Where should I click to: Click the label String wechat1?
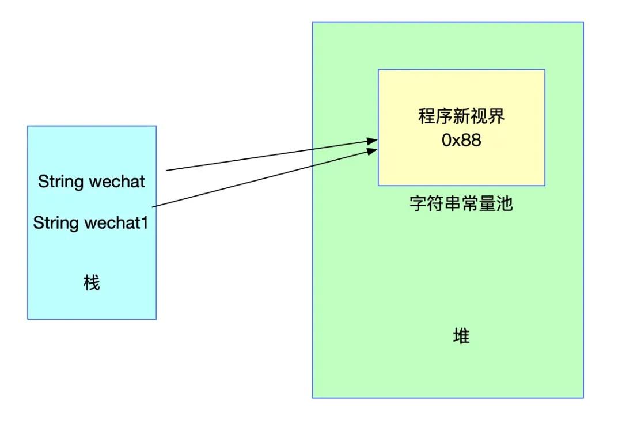click(x=91, y=223)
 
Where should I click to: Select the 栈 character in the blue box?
click(x=92, y=283)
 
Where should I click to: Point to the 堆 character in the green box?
click(x=461, y=335)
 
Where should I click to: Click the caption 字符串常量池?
click(x=461, y=204)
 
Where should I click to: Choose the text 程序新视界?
click(x=461, y=117)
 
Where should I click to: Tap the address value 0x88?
click(x=461, y=140)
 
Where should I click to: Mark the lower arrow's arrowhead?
click(x=372, y=151)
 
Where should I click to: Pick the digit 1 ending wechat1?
click(x=145, y=223)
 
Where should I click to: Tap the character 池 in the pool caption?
click(x=505, y=204)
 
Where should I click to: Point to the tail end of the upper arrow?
click(x=168, y=171)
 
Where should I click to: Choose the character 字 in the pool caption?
click(x=418, y=204)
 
